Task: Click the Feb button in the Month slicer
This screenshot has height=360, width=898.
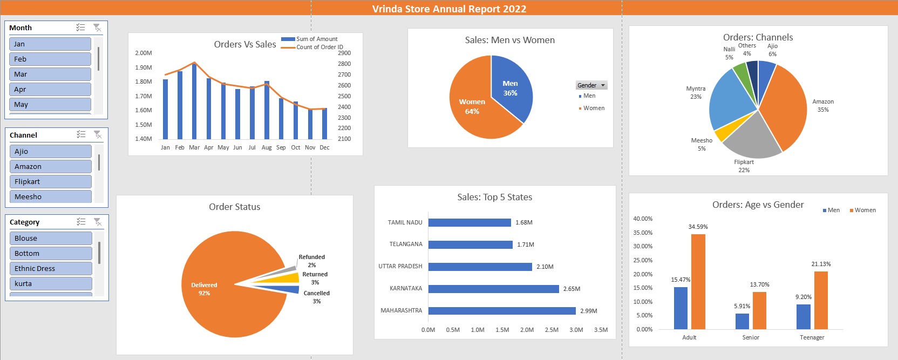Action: click(x=50, y=59)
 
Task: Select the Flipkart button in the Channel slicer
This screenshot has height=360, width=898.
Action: click(x=50, y=182)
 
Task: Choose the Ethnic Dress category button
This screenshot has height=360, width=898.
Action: click(x=50, y=269)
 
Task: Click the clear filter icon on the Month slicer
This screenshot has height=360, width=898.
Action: click(x=97, y=28)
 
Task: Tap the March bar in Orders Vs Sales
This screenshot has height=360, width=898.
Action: click(x=194, y=103)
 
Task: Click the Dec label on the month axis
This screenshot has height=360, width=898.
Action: click(x=324, y=147)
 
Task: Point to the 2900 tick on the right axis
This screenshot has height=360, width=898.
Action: click(x=344, y=53)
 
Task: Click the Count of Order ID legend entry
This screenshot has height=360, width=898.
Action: click(x=319, y=47)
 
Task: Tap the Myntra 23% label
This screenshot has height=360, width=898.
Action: click(x=696, y=92)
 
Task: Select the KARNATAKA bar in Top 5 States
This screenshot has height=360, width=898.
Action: click(x=493, y=289)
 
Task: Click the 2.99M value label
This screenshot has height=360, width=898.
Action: click(x=588, y=311)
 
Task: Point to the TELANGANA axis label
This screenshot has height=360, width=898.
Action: click(x=406, y=244)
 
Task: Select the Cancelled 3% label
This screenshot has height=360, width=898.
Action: click(x=316, y=297)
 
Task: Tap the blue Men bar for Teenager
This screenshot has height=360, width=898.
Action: click(x=804, y=317)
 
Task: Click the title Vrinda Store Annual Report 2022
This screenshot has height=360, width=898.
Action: click(x=449, y=9)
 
